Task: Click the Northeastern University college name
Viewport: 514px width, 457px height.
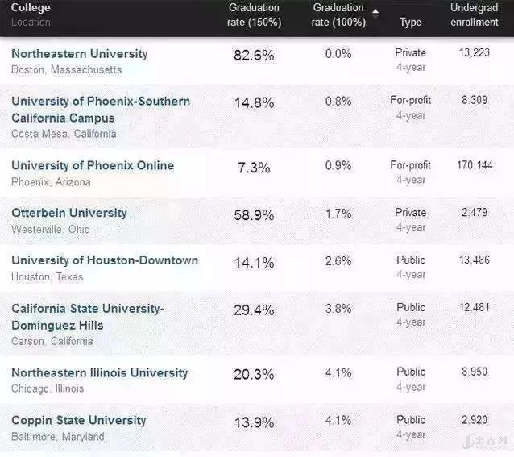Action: coord(80,54)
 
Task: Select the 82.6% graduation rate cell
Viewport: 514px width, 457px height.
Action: coord(253,56)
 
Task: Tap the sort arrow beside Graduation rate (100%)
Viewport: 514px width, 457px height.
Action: coord(375,10)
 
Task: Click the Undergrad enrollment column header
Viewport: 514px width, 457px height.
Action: coord(475,15)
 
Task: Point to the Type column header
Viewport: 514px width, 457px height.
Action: coord(411,22)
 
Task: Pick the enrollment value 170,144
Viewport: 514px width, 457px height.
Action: coord(475,165)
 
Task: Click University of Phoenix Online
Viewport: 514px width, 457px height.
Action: coord(93,165)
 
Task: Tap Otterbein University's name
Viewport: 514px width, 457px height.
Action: coord(69,213)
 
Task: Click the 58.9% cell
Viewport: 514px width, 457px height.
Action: coord(253,215)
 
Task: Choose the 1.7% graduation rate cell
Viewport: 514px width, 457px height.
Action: coord(338,214)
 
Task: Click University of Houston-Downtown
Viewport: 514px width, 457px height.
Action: coord(105,260)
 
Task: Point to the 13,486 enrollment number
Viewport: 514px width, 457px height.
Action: coord(475,260)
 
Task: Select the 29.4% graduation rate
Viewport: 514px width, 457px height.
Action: coord(253,310)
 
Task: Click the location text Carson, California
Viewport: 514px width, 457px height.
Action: coord(52,341)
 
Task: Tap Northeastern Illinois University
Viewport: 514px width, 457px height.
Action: coord(100,372)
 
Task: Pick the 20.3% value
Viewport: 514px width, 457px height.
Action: coord(253,375)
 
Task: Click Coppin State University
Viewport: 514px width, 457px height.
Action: coord(79,420)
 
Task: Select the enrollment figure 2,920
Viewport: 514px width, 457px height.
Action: coord(475,420)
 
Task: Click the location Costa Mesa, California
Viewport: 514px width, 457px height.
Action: coord(64,134)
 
